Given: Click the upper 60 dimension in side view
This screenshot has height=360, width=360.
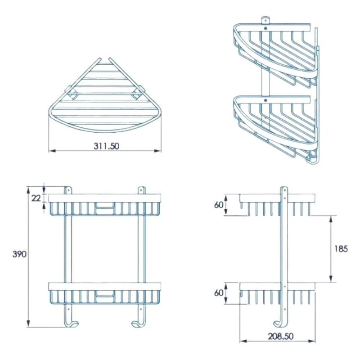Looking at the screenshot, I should coord(231,205).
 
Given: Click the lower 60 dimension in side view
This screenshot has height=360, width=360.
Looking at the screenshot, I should coord(231,293).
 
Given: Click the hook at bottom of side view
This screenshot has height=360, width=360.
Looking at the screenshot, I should coord(279,320).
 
